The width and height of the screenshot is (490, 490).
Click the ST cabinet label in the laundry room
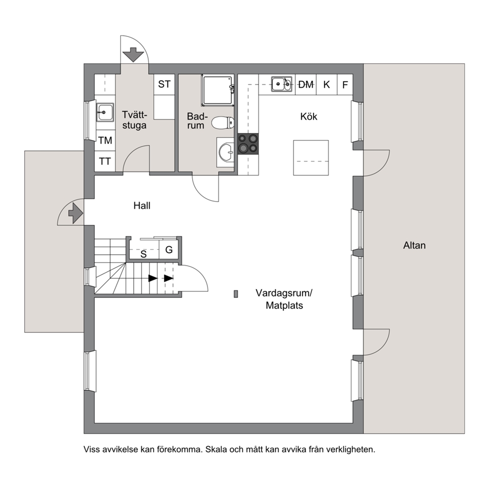(164, 84)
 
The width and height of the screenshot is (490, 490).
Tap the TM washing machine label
(105, 140)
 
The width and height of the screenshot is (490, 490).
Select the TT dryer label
(105, 161)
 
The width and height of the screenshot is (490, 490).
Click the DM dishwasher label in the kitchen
(306, 84)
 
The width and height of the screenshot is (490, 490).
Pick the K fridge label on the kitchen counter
(327, 84)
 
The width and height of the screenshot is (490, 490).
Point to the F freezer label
(345, 84)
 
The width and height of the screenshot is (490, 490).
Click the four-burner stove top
(248, 144)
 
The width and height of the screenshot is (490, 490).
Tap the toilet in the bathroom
(223, 123)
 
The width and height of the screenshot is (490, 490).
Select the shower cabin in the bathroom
(218, 90)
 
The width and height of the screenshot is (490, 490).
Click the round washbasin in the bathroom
(226, 153)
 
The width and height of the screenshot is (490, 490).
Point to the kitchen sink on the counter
(282, 84)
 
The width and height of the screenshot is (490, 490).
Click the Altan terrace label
(414, 245)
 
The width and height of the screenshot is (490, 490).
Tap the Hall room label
(142, 205)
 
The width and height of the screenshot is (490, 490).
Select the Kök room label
(309, 117)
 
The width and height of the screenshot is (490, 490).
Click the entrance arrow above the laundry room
(133, 55)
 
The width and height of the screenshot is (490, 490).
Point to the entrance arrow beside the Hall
(76, 213)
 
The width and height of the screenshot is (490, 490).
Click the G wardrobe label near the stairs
(169, 249)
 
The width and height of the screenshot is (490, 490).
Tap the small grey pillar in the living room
(236, 294)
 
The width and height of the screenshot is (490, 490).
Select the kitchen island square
(311, 158)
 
